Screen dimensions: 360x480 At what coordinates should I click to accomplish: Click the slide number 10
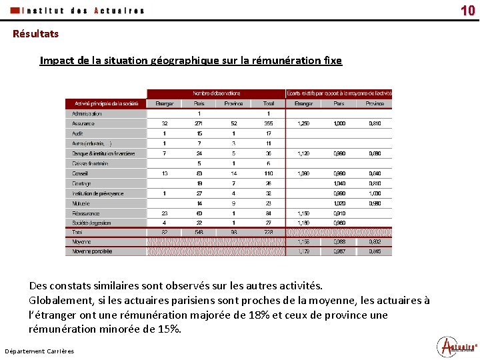click(467, 10)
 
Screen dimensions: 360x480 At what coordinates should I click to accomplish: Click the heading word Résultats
click(35, 33)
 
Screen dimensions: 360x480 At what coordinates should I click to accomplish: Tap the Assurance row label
click(84, 123)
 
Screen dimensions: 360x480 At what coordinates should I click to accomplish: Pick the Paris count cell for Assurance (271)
click(199, 123)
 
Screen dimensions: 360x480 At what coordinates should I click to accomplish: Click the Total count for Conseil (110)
click(268, 173)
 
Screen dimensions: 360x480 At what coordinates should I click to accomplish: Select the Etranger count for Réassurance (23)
click(164, 213)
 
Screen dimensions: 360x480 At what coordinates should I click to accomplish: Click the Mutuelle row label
click(81, 203)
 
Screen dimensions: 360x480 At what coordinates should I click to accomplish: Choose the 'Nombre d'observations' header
click(217, 93)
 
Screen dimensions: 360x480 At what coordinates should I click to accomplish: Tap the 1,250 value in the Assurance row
click(303, 123)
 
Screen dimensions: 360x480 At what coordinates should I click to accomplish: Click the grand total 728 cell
click(268, 232)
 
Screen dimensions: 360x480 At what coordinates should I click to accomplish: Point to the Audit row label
click(77, 133)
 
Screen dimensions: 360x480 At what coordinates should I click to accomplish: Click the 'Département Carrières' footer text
click(39, 351)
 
